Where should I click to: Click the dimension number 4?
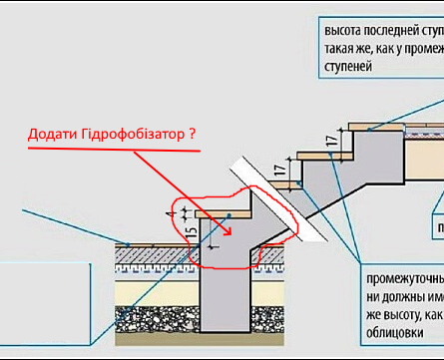point(173,212)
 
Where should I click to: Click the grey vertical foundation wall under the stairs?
point(225,299)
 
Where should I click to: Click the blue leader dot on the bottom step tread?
point(230,213)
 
